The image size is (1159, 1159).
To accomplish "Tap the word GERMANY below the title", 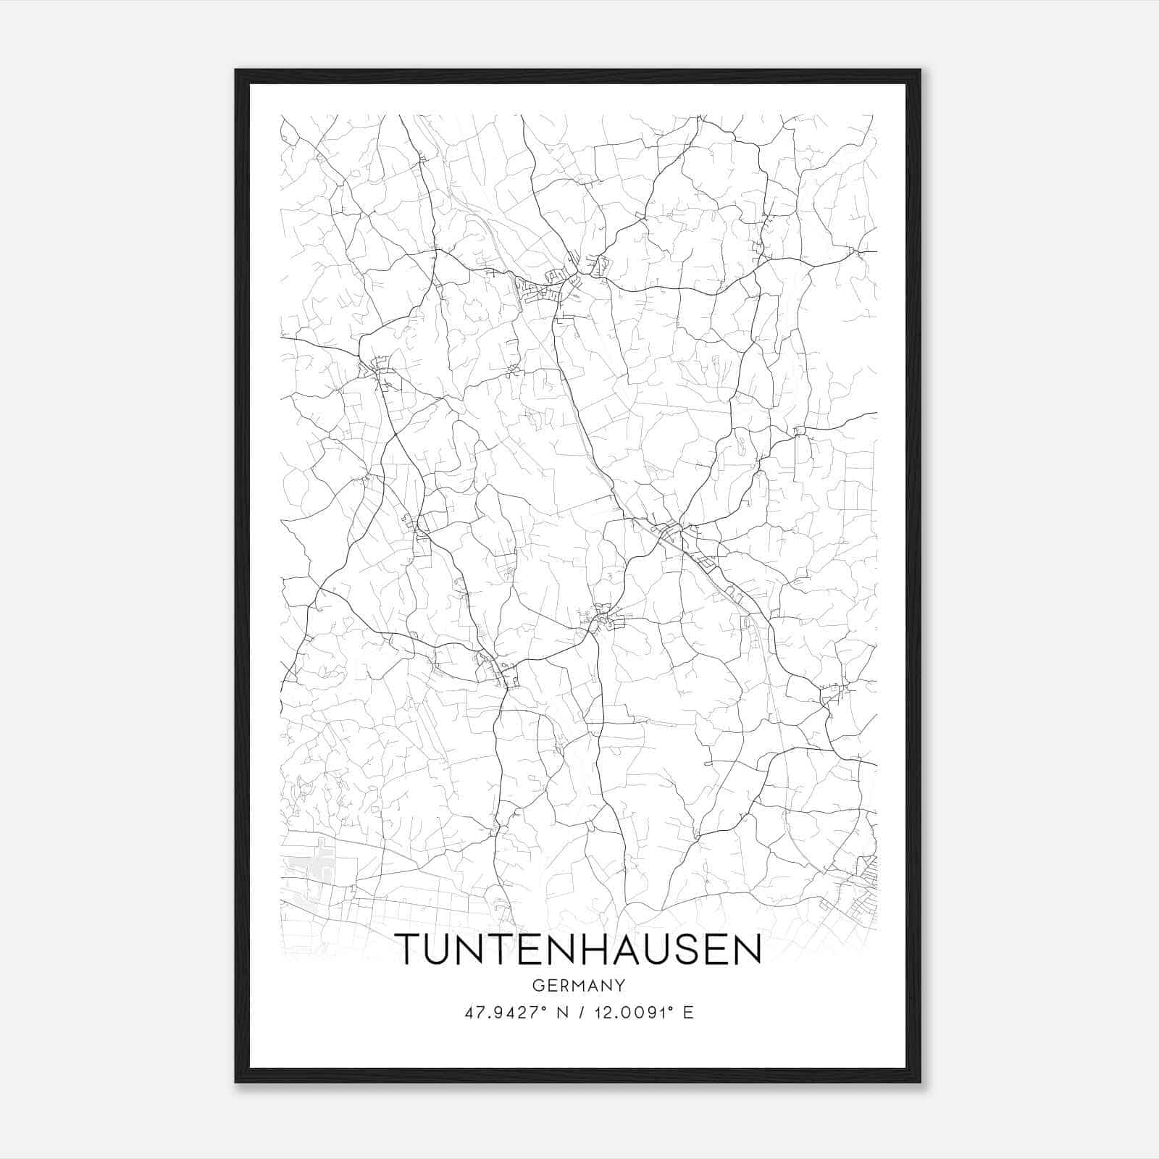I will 579,985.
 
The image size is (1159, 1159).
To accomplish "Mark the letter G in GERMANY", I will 537,985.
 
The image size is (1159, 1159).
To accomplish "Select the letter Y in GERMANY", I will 621,985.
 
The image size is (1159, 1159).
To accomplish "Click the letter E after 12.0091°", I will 689,1013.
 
